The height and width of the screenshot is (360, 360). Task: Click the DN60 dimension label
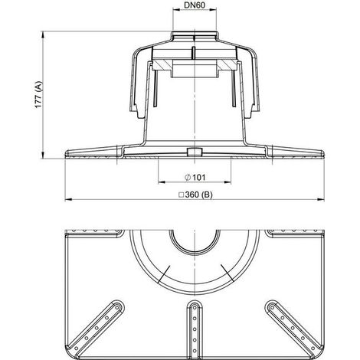coord(195,5)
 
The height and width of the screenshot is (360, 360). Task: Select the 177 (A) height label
coord(38,95)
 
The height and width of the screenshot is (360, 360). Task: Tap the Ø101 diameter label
coord(195,177)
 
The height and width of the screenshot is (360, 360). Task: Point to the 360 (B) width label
coord(195,195)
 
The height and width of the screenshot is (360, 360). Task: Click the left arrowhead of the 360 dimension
coord(68,199)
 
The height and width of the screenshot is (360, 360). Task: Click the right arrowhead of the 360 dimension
coord(321,199)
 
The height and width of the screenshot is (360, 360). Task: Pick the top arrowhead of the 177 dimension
coord(43,34)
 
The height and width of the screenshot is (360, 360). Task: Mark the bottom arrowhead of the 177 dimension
coord(43,155)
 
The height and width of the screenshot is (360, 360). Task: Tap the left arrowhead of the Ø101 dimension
coord(162,182)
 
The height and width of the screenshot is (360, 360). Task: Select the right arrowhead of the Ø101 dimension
coord(227,182)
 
